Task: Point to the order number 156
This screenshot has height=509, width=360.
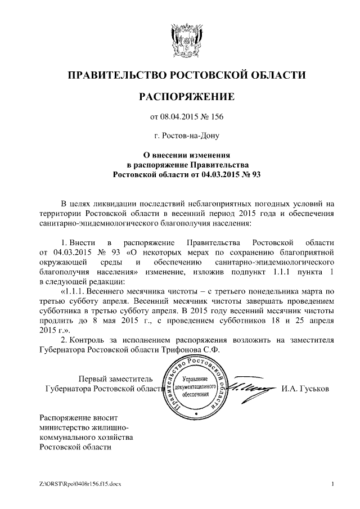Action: (x=217, y=117)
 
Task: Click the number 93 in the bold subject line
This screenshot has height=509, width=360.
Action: (x=256, y=175)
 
